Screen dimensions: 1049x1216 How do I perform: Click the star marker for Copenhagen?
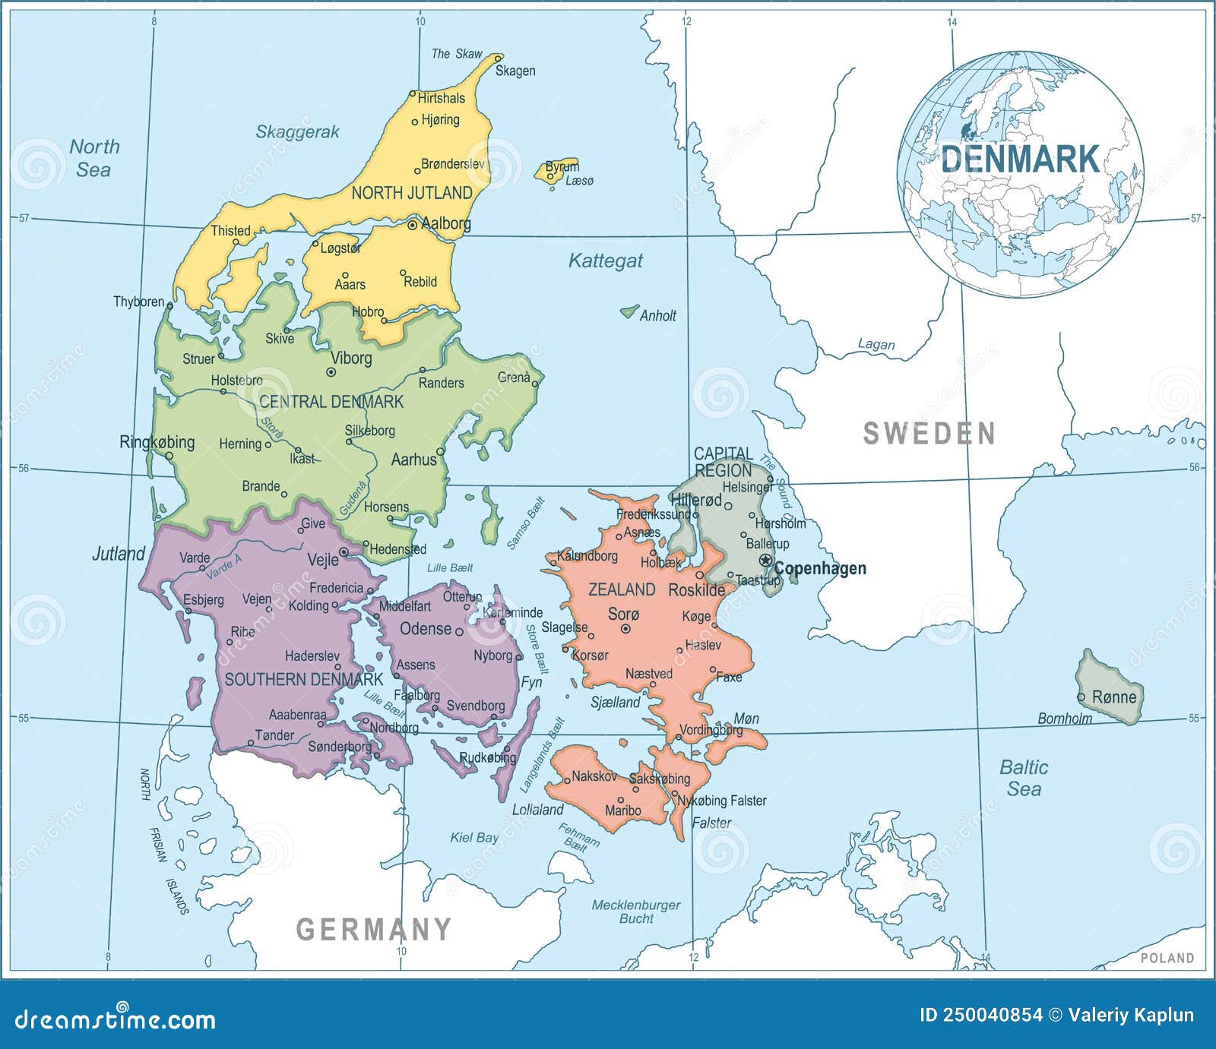(765, 561)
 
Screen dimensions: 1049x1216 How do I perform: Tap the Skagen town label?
(515, 71)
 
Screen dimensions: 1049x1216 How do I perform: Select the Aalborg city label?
(445, 224)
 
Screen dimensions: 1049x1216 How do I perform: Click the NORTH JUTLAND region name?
(412, 193)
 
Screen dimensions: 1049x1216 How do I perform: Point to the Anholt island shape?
(629, 311)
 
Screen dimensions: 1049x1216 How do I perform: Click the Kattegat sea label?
(606, 261)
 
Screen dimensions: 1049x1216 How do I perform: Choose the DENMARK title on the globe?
(1020, 160)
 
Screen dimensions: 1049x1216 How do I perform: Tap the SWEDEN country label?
(929, 434)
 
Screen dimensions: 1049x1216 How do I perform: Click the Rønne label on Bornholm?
(1113, 697)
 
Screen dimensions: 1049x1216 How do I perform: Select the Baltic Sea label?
(1023, 778)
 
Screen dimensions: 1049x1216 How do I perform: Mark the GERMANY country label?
(373, 929)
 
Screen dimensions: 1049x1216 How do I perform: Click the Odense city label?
(426, 628)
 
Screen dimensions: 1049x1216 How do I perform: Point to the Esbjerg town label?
(204, 599)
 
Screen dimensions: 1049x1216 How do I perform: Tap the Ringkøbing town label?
(157, 442)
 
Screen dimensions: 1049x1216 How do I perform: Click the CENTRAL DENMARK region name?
(331, 401)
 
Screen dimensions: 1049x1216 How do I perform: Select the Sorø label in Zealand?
(624, 614)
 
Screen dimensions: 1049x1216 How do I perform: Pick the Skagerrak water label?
(297, 131)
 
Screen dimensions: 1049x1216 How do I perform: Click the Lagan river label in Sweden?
(876, 344)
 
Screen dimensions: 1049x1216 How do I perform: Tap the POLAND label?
(1167, 958)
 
